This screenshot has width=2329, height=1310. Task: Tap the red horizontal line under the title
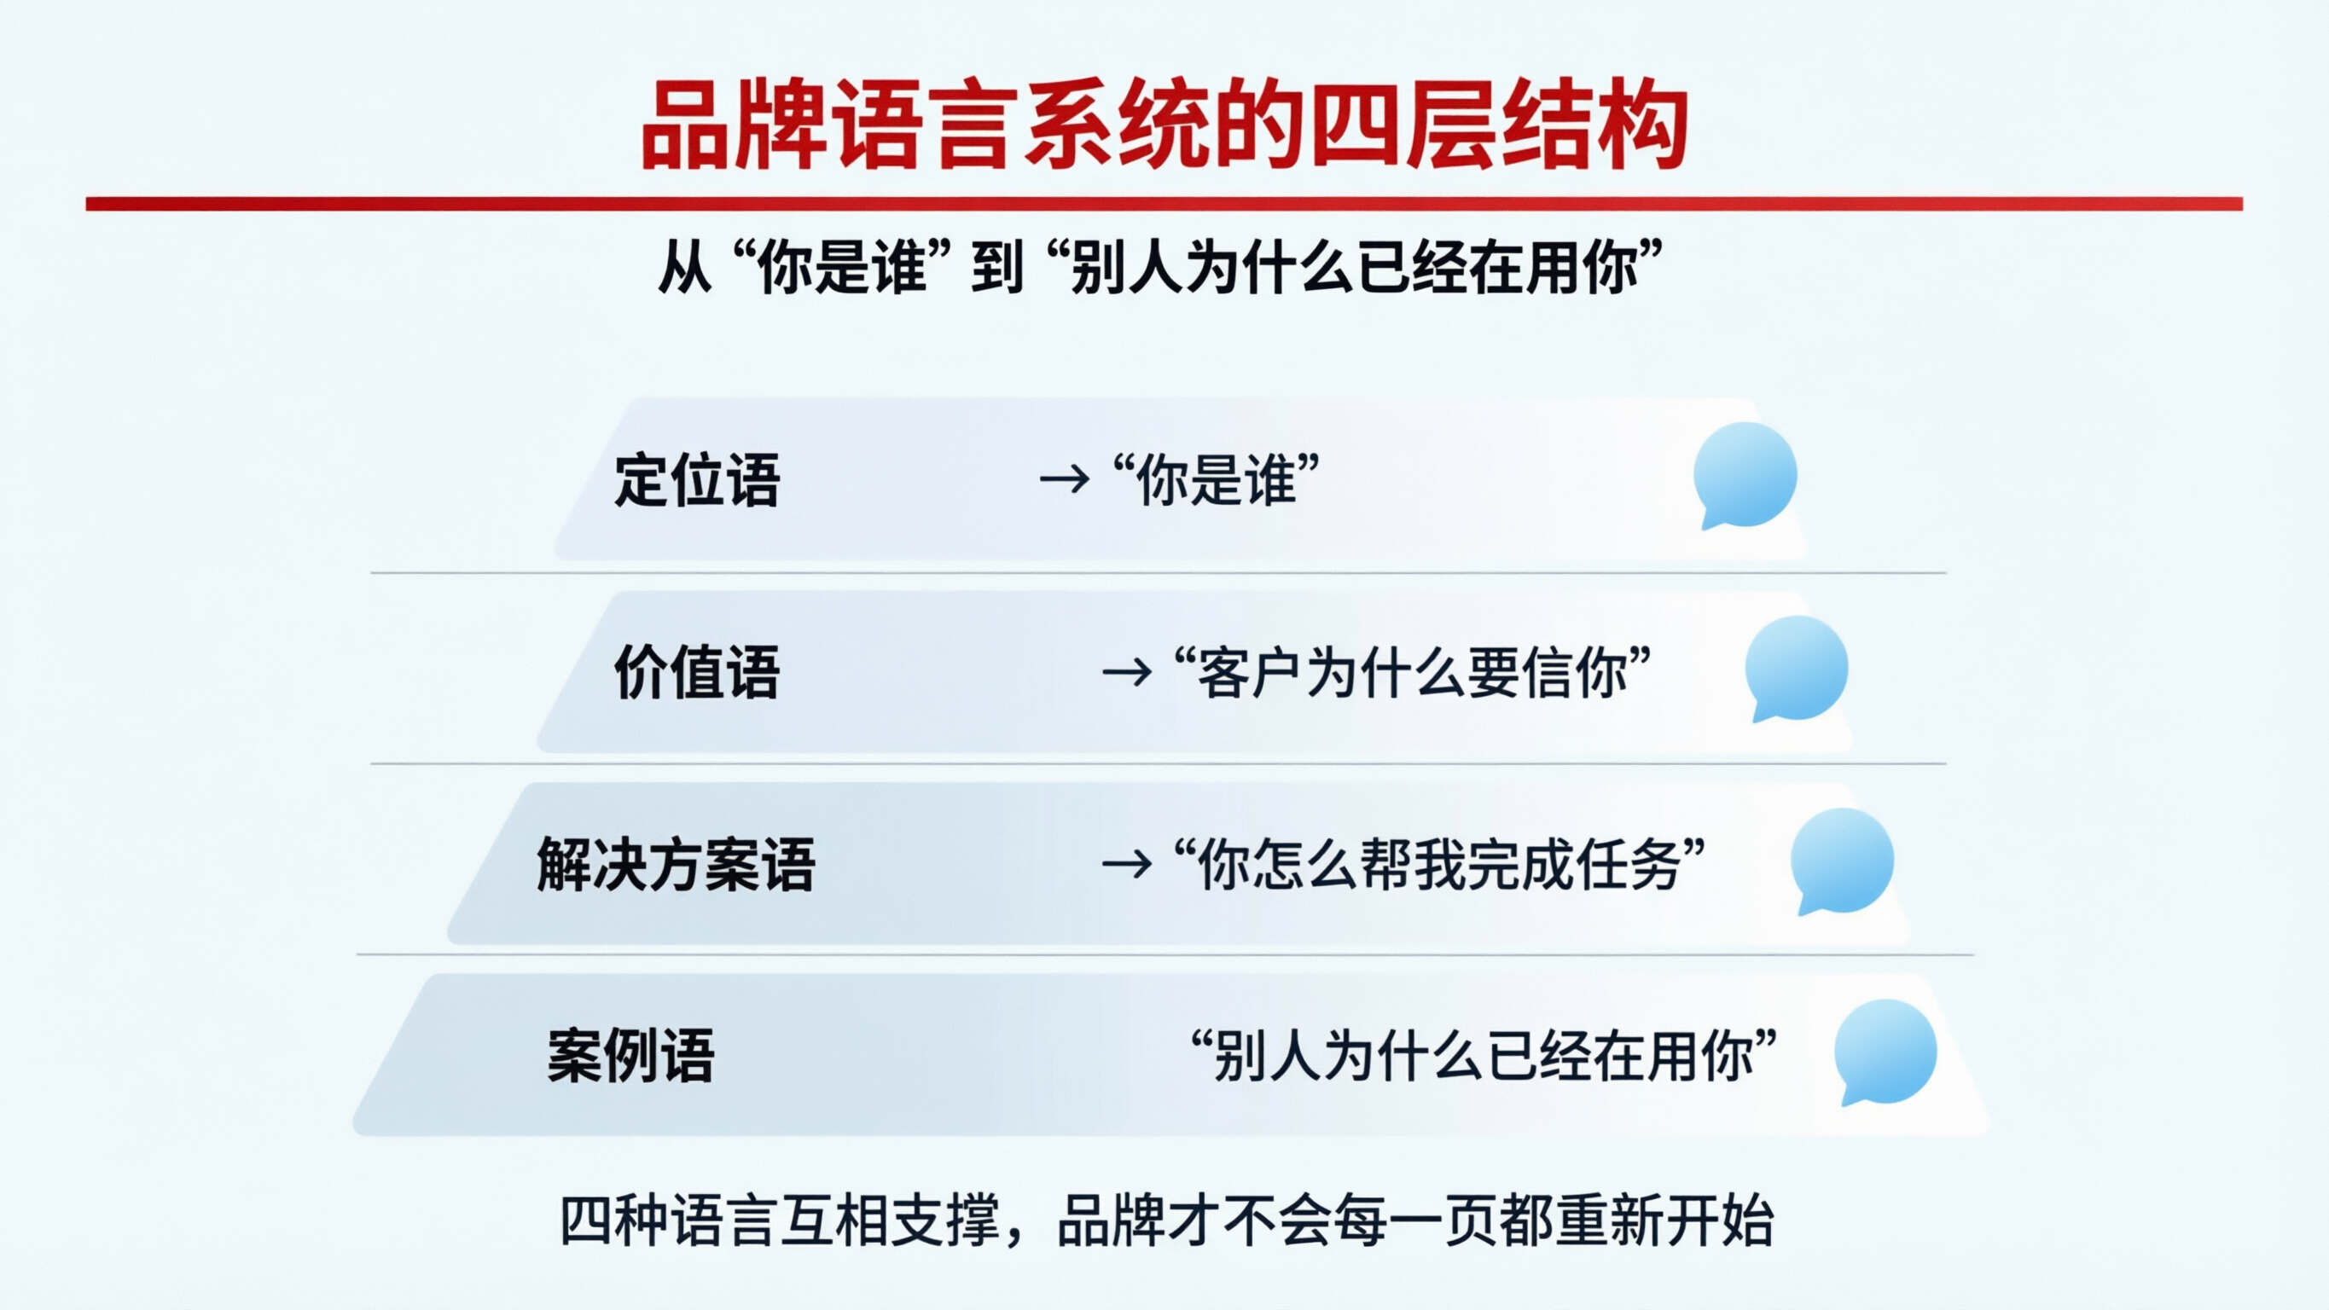tap(1164, 205)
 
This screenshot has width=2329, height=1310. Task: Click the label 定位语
tap(696, 479)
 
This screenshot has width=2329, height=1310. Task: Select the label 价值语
tap(696, 673)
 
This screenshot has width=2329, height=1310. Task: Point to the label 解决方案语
tap(676, 865)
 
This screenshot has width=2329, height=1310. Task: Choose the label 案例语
tap(630, 1056)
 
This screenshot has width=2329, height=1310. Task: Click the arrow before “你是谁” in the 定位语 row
tap(1064, 479)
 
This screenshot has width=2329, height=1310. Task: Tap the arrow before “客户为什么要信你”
tap(1126, 673)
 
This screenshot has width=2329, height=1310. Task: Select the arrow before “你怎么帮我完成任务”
tap(1126, 865)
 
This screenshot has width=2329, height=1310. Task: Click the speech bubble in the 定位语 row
tap(1744, 475)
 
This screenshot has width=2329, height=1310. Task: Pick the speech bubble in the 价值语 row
tap(1796, 668)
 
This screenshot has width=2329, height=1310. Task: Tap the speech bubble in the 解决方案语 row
tap(1842, 860)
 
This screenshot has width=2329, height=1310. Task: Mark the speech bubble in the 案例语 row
tap(1885, 1052)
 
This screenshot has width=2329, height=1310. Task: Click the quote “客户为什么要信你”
tap(1412, 673)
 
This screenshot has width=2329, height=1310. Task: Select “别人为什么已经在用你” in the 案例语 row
tap(1484, 1056)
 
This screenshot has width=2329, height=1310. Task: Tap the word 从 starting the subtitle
tap(684, 269)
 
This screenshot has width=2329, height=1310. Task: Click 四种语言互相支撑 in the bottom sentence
tap(780, 1221)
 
